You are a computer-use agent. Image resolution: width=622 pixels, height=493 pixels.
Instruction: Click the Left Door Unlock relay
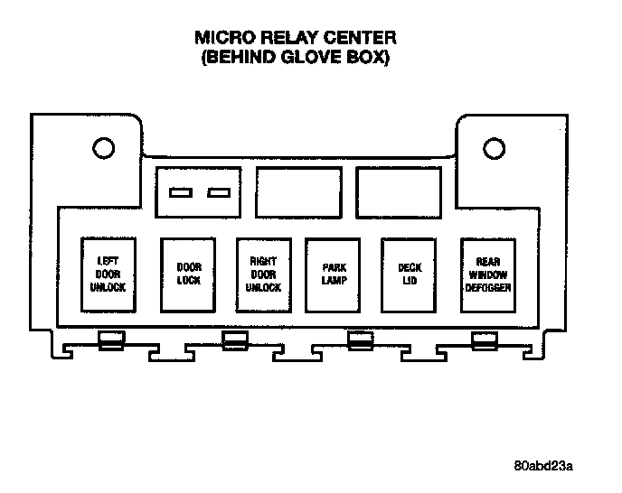108,274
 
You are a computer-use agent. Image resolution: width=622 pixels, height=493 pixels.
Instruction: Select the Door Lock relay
189,274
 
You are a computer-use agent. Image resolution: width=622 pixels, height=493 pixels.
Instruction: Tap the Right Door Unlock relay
263,274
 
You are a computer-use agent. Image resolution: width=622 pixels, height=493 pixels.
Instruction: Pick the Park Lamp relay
334,274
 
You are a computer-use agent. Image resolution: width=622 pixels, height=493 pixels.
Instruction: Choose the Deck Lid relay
410,274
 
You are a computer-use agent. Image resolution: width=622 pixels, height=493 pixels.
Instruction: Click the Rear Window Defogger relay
488,274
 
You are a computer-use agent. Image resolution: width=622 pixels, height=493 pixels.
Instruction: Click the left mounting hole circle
102,147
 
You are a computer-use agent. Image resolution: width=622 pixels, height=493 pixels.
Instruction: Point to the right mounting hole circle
494,147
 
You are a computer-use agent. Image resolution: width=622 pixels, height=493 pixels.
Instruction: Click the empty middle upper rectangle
295,191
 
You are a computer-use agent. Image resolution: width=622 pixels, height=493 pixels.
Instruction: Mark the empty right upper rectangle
394,191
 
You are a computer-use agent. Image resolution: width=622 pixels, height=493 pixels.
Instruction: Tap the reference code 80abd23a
542,466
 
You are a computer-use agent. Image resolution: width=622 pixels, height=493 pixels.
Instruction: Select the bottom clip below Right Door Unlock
235,340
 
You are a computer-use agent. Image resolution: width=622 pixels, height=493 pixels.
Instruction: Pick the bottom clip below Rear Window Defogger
485,340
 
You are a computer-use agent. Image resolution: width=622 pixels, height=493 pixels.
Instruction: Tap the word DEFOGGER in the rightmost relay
488,287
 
